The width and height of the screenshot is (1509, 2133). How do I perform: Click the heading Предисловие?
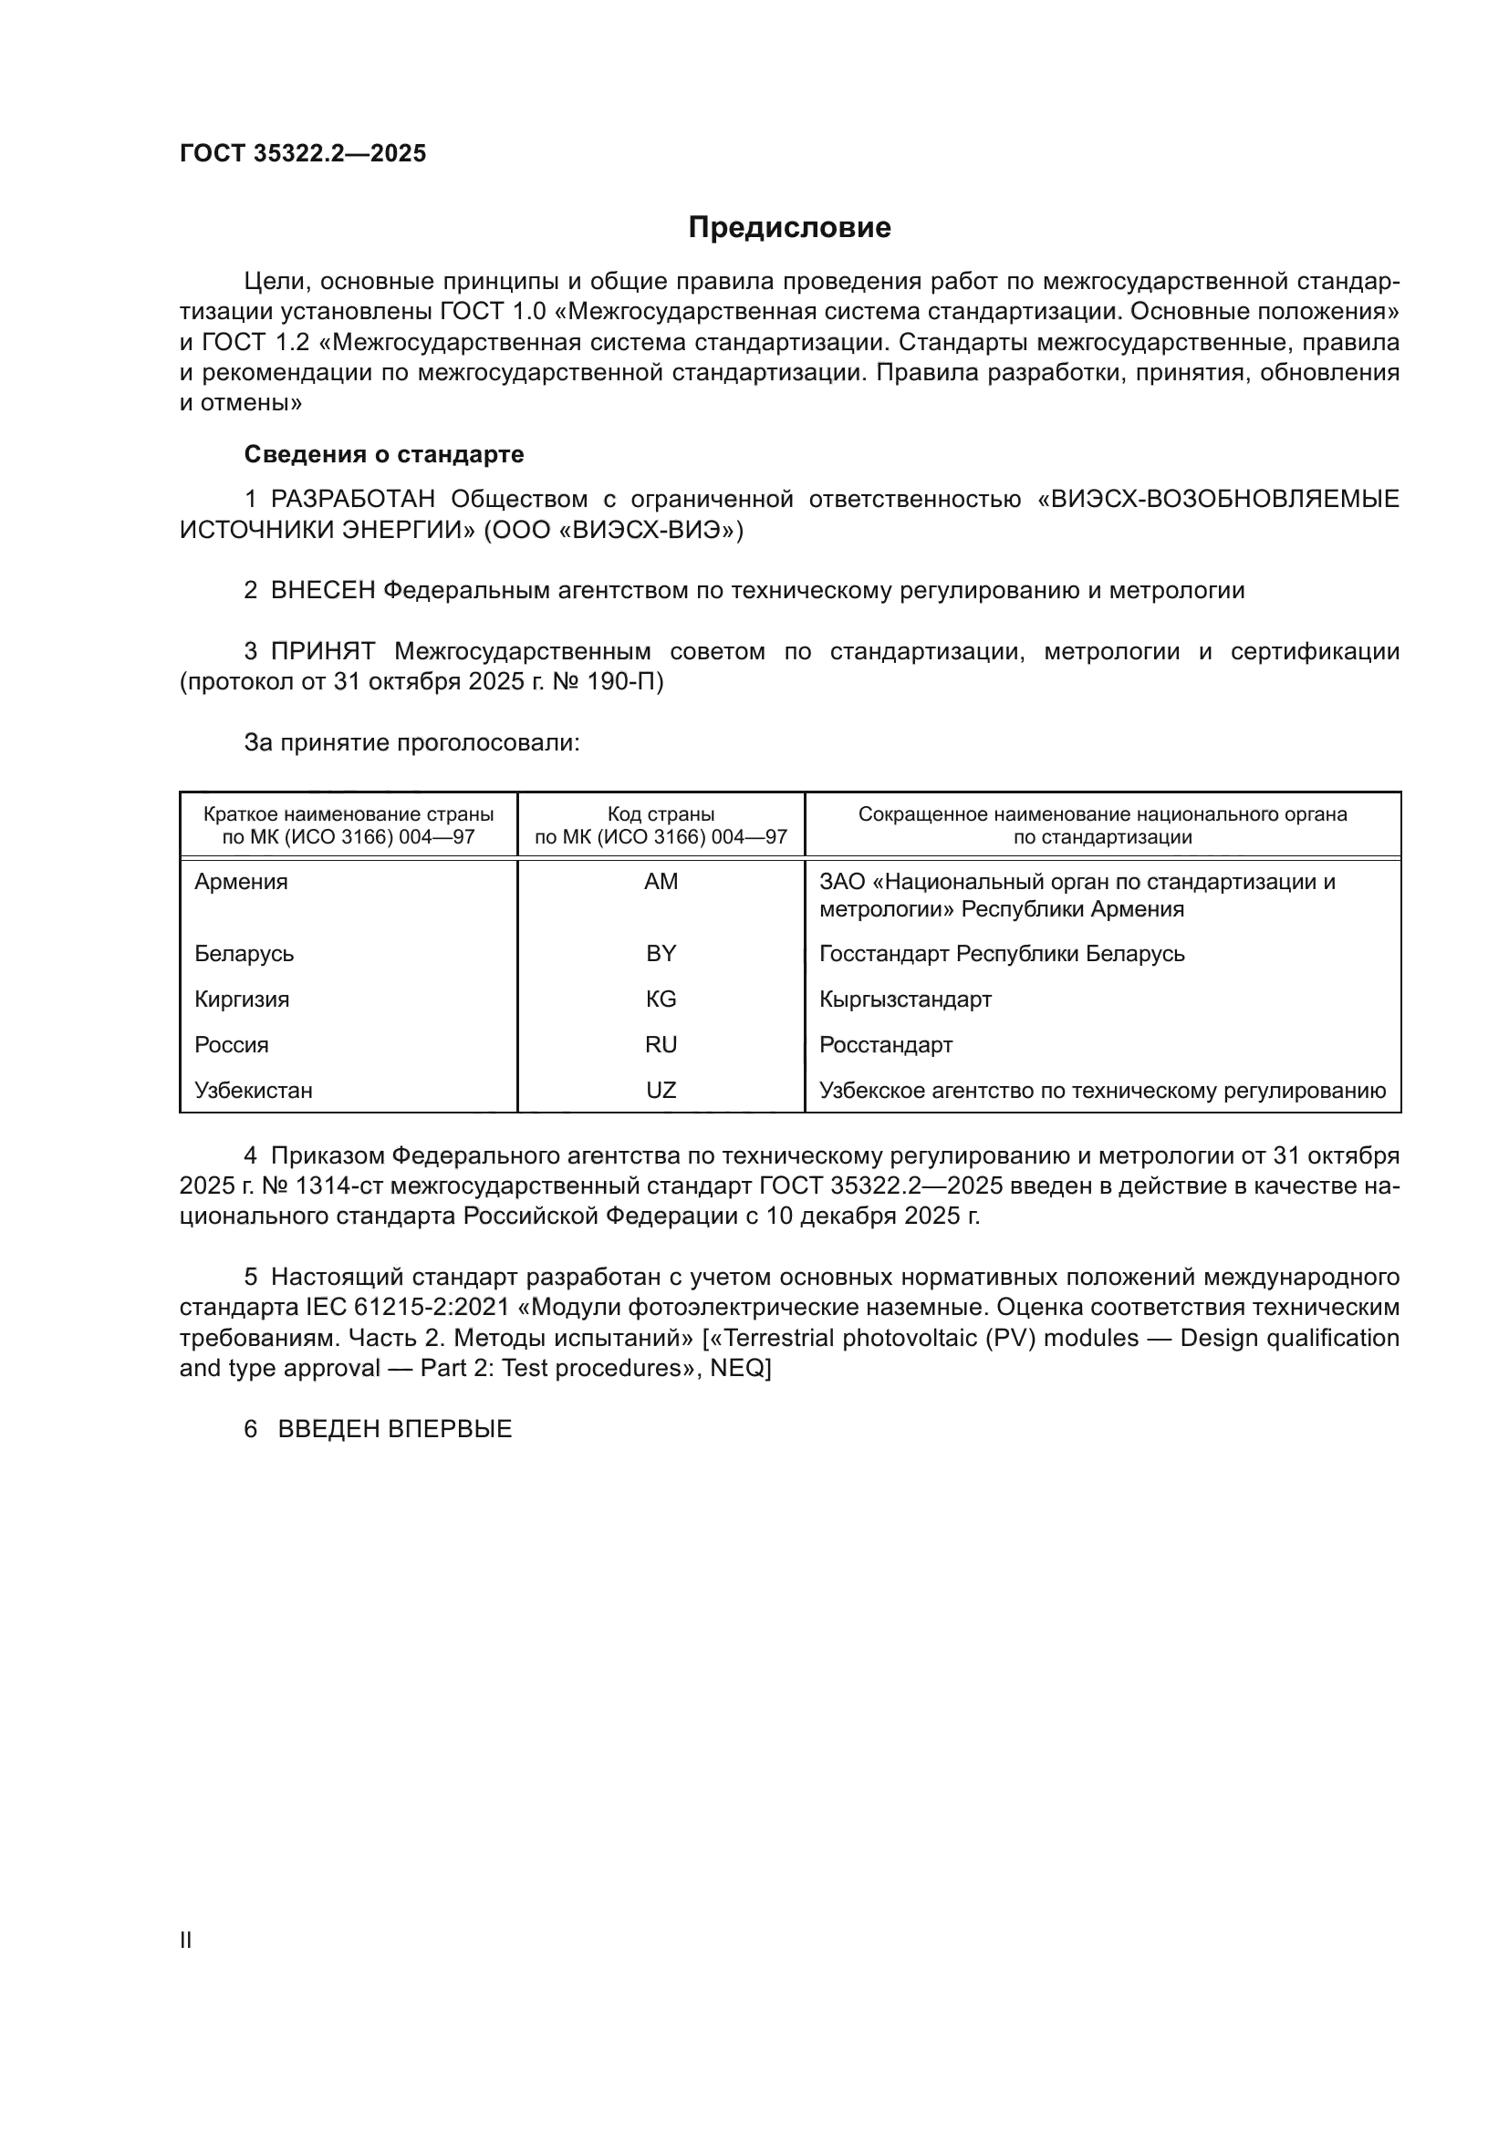pyautogui.click(x=789, y=228)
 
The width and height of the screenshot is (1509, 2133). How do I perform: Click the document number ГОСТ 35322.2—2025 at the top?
pyautogui.click(x=303, y=154)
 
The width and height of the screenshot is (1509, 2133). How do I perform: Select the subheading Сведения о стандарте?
pyautogui.click(x=384, y=454)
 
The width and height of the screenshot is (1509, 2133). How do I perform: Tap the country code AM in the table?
pyautogui.click(x=661, y=882)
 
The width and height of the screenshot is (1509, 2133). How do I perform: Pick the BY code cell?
pyautogui.click(x=661, y=954)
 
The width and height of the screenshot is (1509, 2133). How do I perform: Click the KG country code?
pyautogui.click(x=661, y=999)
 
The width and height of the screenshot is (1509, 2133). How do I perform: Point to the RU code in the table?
pyautogui.click(x=661, y=1045)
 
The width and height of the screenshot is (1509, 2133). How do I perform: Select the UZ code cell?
pyautogui.click(x=661, y=1091)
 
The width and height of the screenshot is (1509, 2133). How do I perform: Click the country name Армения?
pyautogui.click(x=242, y=882)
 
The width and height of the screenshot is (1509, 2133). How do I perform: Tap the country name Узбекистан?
pyautogui.click(x=254, y=1091)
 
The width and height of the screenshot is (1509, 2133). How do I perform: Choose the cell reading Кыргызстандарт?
pyautogui.click(x=905, y=999)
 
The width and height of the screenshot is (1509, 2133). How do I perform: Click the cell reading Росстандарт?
pyautogui.click(x=886, y=1045)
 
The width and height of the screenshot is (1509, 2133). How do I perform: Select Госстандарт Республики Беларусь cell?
pyautogui.click(x=1002, y=954)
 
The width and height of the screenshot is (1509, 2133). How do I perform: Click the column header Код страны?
pyautogui.click(x=661, y=814)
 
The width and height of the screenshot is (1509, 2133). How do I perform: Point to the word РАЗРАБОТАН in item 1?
pyautogui.click(x=353, y=500)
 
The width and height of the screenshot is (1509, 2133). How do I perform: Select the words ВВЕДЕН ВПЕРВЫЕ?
pyautogui.click(x=395, y=1429)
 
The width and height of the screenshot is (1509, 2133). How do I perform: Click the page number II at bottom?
pyautogui.click(x=186, y=1940)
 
